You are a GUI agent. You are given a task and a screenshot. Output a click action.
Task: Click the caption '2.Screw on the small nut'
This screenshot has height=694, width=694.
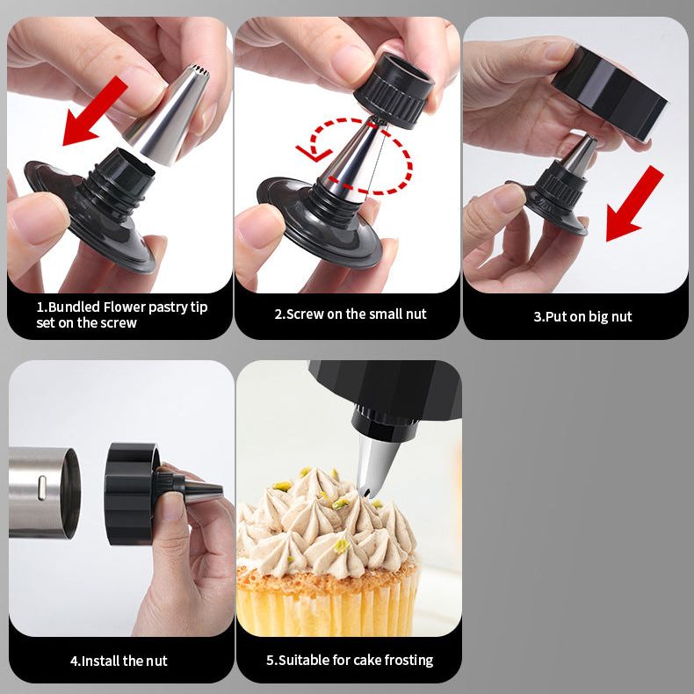(x=351, y=314)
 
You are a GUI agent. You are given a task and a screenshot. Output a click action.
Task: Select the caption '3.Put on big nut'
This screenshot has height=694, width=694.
(x=582, y=316)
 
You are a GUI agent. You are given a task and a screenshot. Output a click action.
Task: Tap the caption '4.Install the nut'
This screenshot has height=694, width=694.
(x=119, y=661)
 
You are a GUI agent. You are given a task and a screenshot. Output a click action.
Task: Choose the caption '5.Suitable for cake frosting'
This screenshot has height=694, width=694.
(x=350, y=660)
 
